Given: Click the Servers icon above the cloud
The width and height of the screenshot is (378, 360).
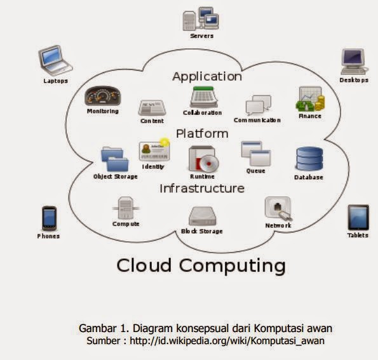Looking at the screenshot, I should coord(201,19).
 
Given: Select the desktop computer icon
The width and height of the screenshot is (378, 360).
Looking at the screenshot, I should coord(353,62).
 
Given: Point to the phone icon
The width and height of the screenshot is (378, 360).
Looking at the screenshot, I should coord(49,218).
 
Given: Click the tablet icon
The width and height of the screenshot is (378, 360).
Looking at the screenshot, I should coord(358,218).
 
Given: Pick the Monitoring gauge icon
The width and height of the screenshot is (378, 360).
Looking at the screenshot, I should coord(103,97).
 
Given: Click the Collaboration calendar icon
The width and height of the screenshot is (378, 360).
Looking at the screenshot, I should coord(203,97).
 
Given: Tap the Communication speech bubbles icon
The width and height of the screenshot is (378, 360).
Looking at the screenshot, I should coord(257,105).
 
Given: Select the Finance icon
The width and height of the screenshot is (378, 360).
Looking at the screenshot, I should coord(310,99).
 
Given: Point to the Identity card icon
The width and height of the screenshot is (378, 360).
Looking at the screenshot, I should coord(152,150).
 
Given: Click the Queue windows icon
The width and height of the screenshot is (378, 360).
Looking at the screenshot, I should coord(255,154).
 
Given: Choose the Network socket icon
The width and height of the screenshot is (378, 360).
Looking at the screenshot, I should coord(278,209).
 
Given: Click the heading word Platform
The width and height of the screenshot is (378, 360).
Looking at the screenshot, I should coord(202,133).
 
